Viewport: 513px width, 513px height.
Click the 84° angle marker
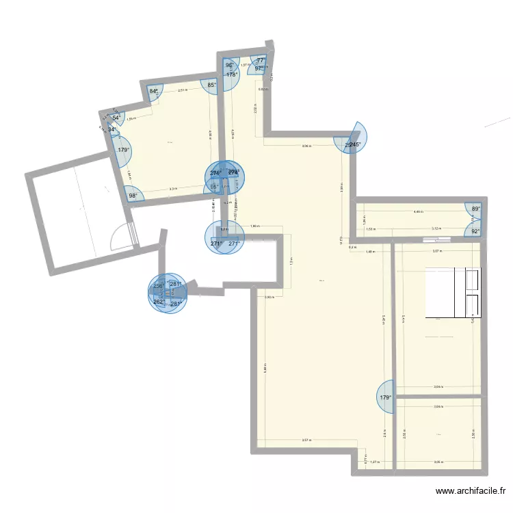(154, 91)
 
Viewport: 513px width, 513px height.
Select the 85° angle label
(212, 85)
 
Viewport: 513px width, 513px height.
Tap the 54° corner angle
(117, 118)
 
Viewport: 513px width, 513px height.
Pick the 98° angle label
(133, 196)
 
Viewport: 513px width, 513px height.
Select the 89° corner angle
(476, 209)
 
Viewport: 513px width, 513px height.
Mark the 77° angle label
(260, 61)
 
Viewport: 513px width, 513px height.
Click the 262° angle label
(158, 302)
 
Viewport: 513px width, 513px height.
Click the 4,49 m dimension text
(418, 212)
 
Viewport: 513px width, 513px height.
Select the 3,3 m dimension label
(173, 189)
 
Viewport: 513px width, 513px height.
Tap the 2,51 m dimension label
(182, 90)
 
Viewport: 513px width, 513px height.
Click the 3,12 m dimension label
(436, 229)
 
